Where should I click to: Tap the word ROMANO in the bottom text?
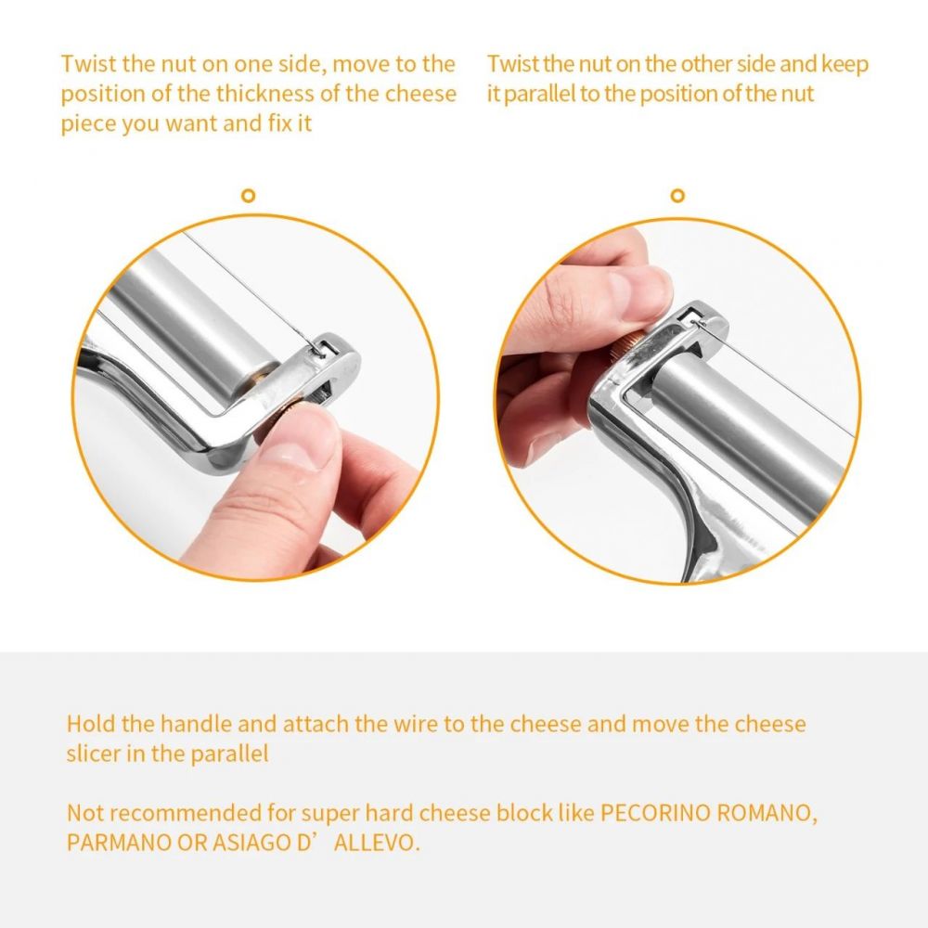[x=767, y=813]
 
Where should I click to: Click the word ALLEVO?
[x=377, y=843]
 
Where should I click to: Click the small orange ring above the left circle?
[x=249, y=195]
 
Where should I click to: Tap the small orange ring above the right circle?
[x=677, y=195]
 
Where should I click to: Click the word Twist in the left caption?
[x=89, y=64]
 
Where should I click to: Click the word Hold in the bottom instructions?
[x=91, y=724]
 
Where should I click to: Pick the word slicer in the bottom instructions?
[x=92, y=754]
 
